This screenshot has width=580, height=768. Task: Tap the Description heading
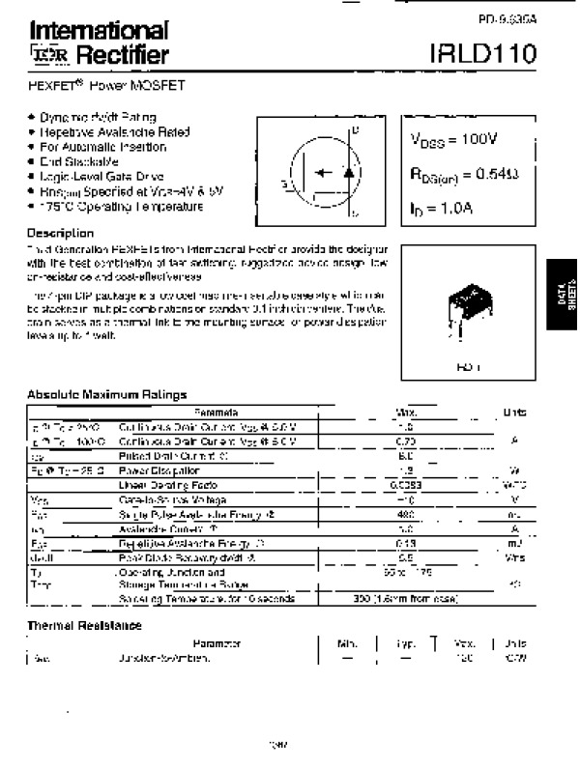(60, 234)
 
